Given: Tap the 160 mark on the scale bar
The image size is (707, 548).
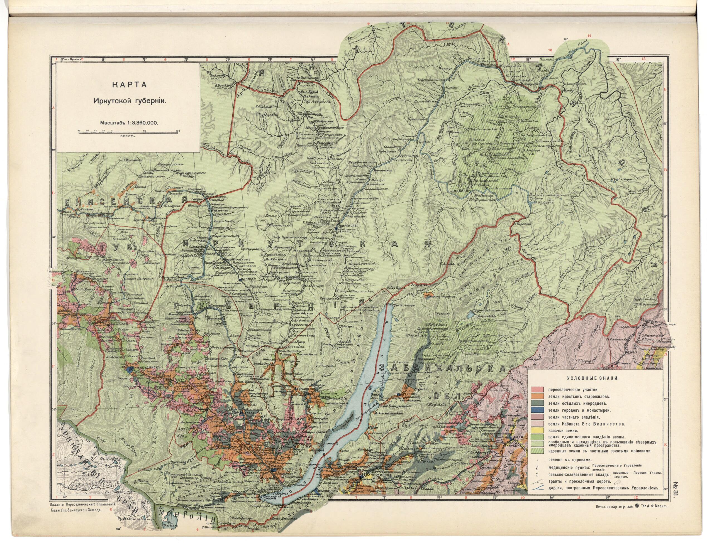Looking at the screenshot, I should tap(178, 131).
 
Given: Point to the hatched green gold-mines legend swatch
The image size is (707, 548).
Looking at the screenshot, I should tap(537, 451).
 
